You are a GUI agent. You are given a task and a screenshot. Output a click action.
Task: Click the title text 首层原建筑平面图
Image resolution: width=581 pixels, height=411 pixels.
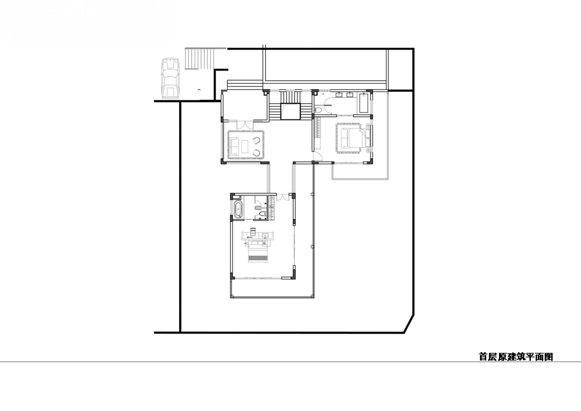click(516, 357)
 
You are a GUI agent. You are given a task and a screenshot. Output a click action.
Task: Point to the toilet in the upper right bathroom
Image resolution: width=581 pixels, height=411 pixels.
click(318, 110)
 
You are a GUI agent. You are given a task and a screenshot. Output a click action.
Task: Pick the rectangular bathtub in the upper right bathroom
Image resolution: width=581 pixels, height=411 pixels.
click(364, 103)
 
